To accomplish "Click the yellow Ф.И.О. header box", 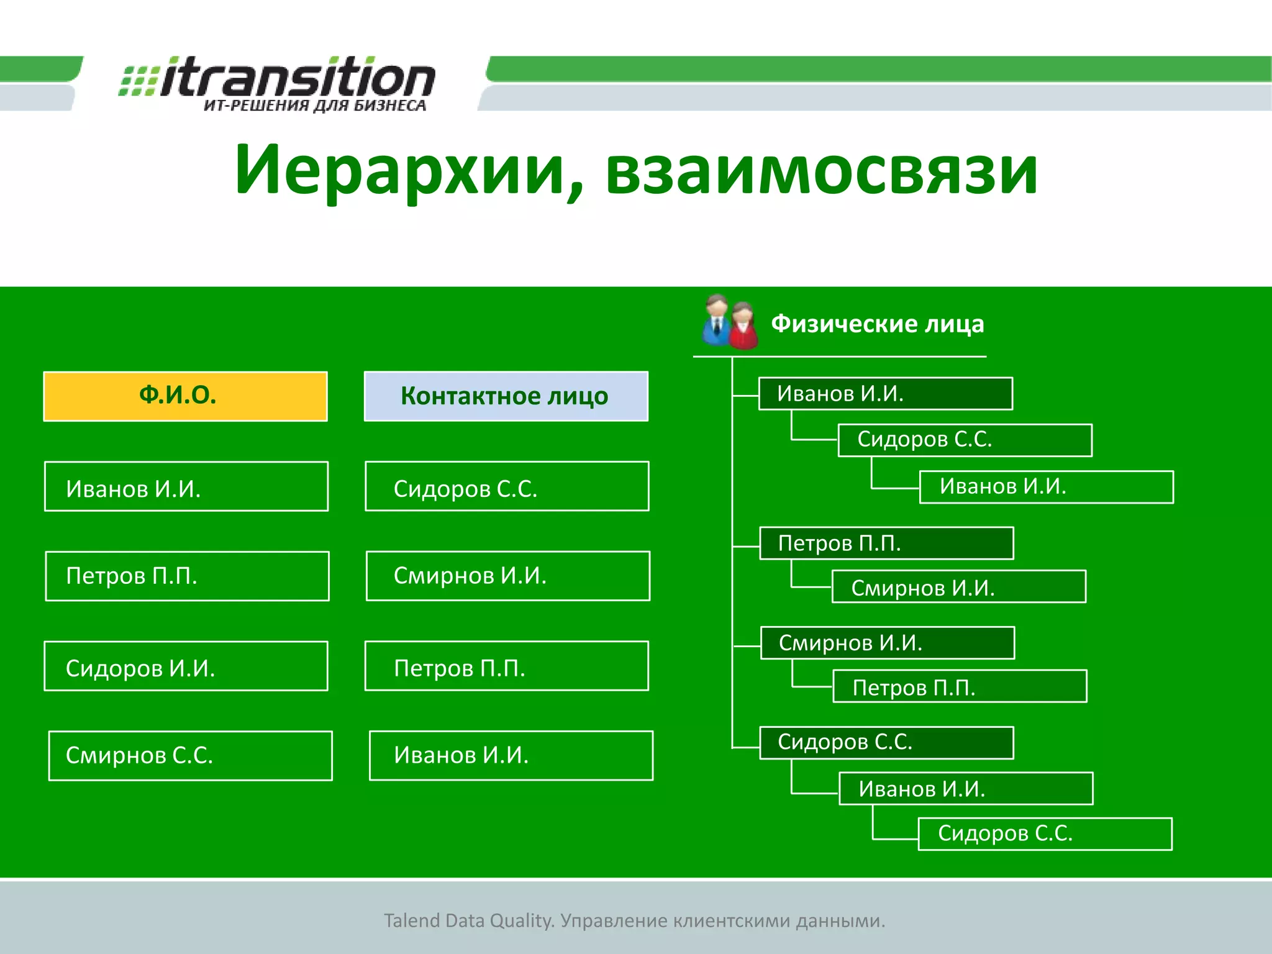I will [x=185, y=396].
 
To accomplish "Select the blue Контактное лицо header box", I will [x=506, y=396].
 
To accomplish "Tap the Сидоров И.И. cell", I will [x=186, y=666].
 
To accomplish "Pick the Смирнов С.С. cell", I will [x=190, y=756].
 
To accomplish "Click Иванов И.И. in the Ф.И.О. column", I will [x=186, y=486].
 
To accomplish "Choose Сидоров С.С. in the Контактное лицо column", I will [x=507, y=486].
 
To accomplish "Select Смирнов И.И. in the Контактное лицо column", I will [x=507, y=576].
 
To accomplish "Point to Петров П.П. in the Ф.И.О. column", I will [x=187, y=576].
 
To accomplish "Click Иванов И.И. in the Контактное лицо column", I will [x=511, y=756].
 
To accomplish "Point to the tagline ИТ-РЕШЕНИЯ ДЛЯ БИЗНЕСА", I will [x=315, y=106].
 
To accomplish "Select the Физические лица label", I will [x=877, y=324].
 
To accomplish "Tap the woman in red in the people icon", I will [x=743, y=327].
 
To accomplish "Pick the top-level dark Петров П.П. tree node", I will [x=886, y=543].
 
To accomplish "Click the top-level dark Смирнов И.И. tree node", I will [x=887, y=643].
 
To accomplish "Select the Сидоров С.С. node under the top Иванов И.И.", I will [x=965, y=440].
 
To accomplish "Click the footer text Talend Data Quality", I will [x=468, y=920].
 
